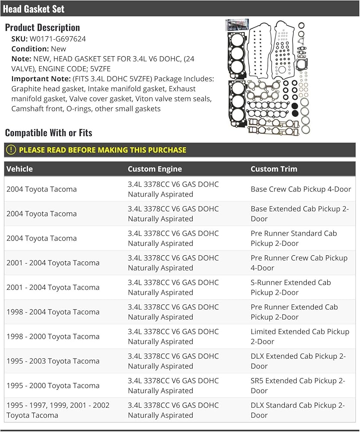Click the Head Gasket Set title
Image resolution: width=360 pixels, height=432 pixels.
(34, 9)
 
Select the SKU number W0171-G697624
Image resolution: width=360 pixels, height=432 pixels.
(57, 39)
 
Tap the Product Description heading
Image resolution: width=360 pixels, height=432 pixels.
(42, 27)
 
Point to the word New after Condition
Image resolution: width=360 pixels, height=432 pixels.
(58, 49)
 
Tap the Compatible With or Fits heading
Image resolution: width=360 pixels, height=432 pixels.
(48, 133)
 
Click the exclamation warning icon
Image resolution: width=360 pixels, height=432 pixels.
(11, 150)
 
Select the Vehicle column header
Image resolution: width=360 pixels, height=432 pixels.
(19, 169)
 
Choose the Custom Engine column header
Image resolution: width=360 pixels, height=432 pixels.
(155, 169)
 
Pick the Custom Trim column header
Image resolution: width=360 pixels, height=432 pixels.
(274, 169)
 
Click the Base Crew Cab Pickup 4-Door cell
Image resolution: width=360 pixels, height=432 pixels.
(301, 189)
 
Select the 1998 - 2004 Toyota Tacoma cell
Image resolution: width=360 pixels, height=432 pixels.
(53, 312)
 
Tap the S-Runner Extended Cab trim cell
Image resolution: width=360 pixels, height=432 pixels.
(291, 287)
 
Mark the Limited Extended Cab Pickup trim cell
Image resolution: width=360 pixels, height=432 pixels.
(300, 337)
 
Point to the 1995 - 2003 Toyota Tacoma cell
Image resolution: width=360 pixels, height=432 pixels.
(53, 361)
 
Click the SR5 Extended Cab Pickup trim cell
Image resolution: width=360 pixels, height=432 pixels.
(298, 386)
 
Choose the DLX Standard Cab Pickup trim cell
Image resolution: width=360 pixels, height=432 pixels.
(298, 410)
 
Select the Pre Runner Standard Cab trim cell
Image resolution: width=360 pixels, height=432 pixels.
(294, 238)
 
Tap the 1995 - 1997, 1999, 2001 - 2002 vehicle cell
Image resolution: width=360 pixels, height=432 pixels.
(58, 410)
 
